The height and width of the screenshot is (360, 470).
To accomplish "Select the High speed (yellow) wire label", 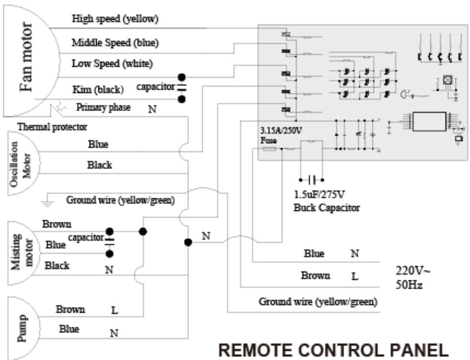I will click(115, 19).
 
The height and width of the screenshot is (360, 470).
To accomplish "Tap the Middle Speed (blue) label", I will click(115, 42).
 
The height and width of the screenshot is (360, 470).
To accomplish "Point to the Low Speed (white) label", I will click(113, 63).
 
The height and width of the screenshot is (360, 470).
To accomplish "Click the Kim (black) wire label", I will click(98, 89).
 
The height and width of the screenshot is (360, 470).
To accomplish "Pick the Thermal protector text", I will click(52, 127).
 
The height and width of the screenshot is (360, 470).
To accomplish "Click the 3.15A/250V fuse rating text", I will click(281, 130).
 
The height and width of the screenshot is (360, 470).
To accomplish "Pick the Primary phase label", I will click(103, 107).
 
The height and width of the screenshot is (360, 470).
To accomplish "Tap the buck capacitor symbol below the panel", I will click(311, 180).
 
